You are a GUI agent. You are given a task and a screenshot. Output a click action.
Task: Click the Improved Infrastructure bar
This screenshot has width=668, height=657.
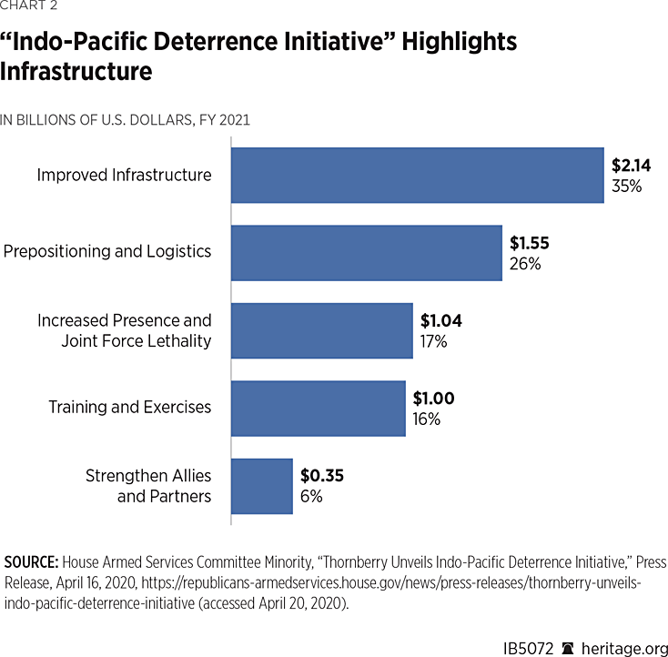417,175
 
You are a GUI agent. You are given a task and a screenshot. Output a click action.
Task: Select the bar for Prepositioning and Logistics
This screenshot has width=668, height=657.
366,252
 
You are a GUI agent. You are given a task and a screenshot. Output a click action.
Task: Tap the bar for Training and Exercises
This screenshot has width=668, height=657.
318,408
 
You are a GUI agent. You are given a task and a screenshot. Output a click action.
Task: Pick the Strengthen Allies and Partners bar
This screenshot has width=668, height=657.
262,486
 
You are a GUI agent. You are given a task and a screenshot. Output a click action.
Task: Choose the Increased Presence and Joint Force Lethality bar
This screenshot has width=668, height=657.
321,330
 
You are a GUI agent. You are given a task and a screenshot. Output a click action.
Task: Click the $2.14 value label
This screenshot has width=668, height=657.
631,166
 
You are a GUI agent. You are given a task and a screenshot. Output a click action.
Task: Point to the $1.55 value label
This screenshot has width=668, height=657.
529,243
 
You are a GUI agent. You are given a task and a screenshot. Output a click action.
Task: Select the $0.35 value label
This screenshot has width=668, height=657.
322,475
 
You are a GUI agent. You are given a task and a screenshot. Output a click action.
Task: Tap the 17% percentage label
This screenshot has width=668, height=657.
433,341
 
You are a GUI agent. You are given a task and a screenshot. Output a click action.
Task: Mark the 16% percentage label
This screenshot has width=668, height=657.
427,419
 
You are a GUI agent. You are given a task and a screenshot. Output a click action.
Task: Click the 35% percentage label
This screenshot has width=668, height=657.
626,186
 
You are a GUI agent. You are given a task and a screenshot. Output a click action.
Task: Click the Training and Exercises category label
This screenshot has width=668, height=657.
129,407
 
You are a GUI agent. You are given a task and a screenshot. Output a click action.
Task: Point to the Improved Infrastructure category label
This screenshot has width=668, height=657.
124,175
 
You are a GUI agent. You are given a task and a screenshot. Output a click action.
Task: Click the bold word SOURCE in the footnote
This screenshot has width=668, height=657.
31,561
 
